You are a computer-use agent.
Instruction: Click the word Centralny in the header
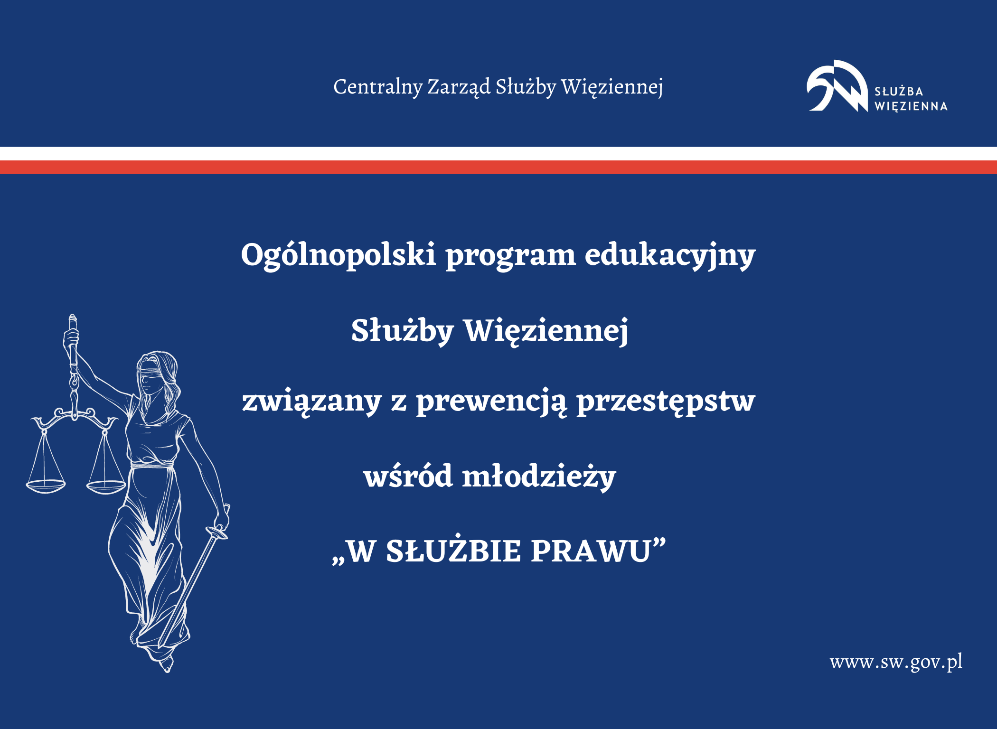pos(377,87)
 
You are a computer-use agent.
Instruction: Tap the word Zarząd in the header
pos(459,87)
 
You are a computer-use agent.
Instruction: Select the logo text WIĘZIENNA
pos(911,106)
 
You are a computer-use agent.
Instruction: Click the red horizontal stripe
pos(498,167)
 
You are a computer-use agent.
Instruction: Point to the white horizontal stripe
pos(498,154)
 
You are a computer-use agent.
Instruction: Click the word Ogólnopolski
pos(338,255)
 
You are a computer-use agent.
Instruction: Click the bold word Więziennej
pos(546,331)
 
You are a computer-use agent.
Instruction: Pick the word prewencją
pos(491,402)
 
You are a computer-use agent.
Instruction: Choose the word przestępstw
pos(666,402)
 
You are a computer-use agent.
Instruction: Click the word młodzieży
pos(538,477)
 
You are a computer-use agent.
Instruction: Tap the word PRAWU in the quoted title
pos(591,551)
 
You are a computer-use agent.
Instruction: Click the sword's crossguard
pos(217,533)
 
